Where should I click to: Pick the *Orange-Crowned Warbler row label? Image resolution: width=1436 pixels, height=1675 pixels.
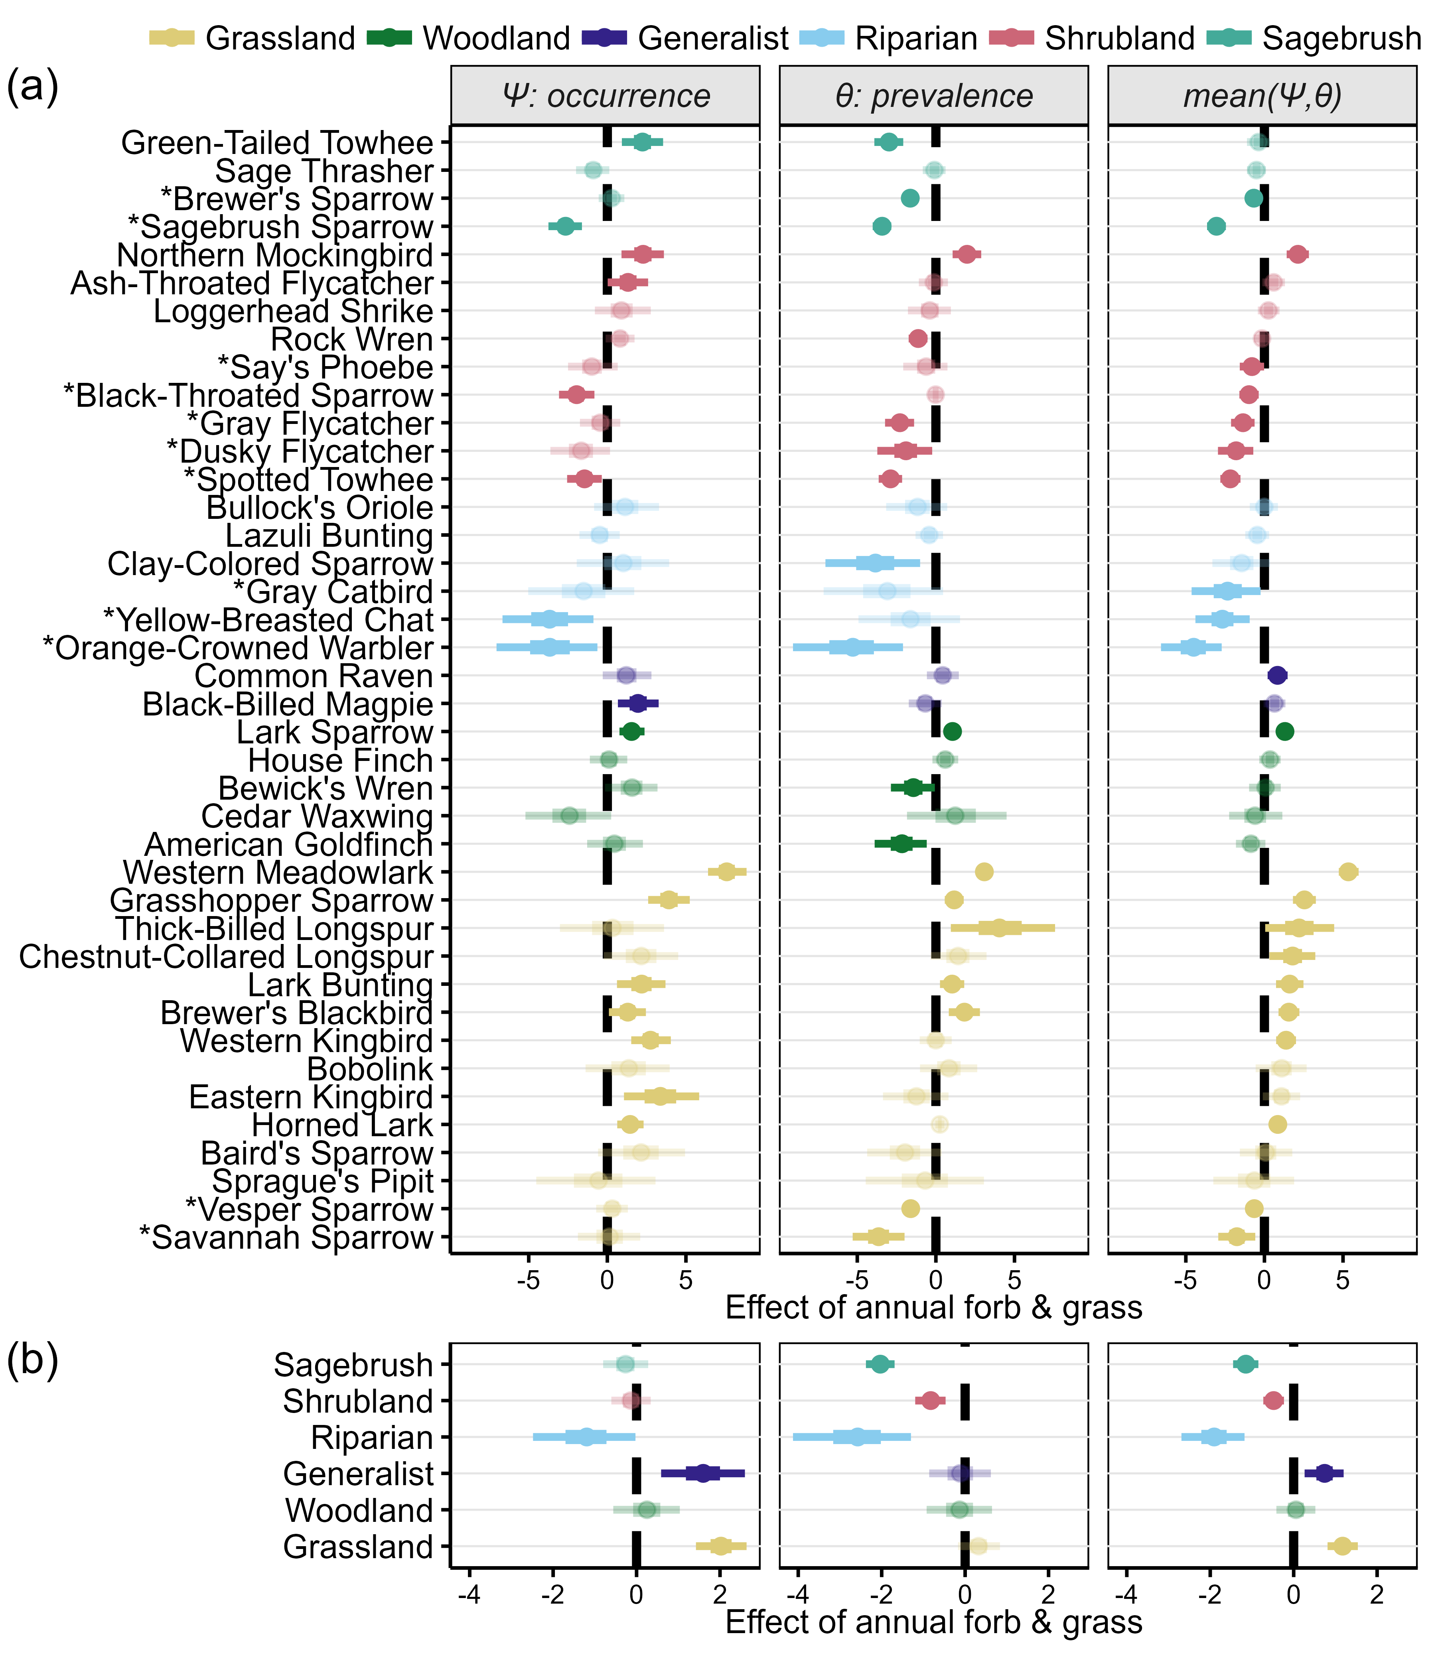coord(238,648)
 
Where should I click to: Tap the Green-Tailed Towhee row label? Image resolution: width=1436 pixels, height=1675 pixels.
coord(277,143)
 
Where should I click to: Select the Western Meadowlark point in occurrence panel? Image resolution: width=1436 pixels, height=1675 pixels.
coord(727,871)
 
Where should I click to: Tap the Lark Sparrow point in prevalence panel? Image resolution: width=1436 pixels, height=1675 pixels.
coord(953,731)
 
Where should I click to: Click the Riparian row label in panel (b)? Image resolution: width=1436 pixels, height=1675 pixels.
coord(372,1437)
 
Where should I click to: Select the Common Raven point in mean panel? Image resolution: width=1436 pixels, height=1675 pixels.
coord(1277,676)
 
